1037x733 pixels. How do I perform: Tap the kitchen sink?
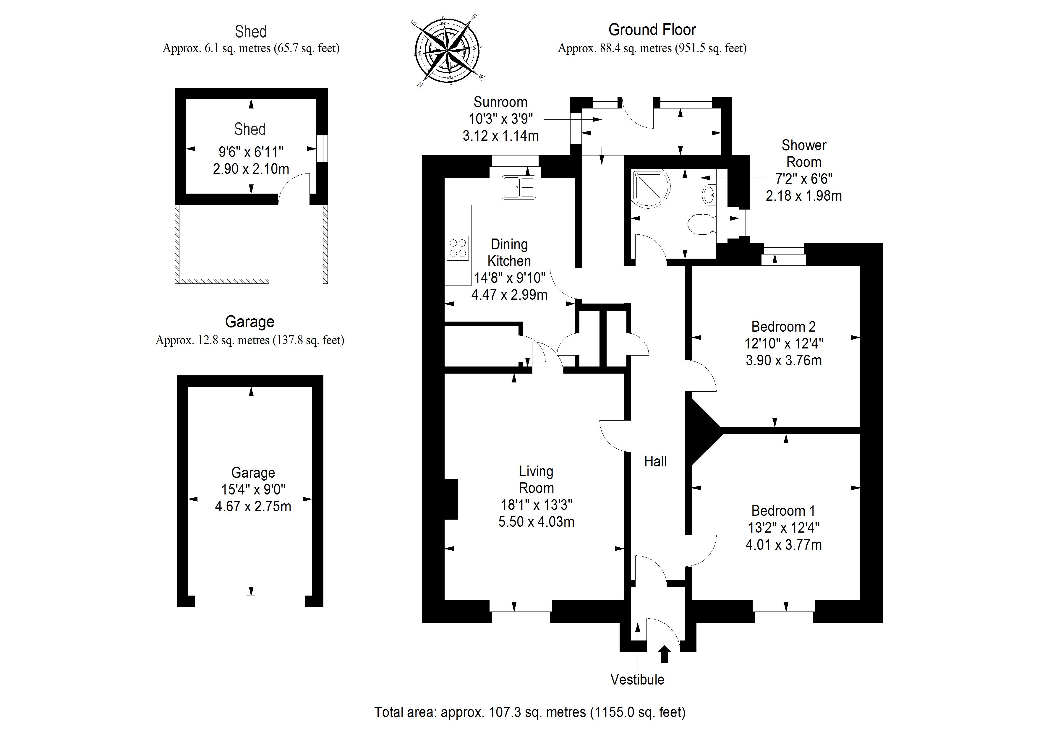518,187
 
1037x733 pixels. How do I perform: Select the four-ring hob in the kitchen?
458,248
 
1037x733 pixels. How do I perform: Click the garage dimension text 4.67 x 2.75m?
253,506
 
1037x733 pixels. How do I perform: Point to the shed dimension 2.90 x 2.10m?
251,168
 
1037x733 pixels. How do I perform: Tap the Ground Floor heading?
652,30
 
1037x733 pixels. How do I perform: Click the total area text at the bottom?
530,712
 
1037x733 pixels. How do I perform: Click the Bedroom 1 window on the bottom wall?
784,617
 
